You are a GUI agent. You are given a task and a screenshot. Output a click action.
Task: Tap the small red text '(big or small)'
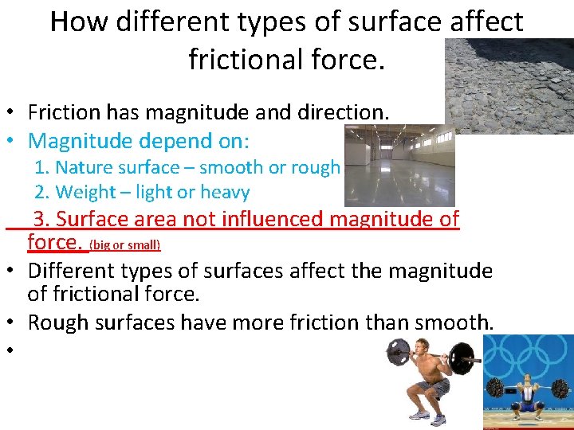[125, 244]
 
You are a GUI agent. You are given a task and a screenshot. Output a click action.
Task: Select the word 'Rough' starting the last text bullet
[58, 322]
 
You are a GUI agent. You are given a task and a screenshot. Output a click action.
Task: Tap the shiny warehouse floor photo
[399, 167]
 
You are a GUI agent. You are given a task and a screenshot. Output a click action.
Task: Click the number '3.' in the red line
[42, 219]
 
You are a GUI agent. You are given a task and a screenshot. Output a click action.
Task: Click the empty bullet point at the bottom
[15, 351]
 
